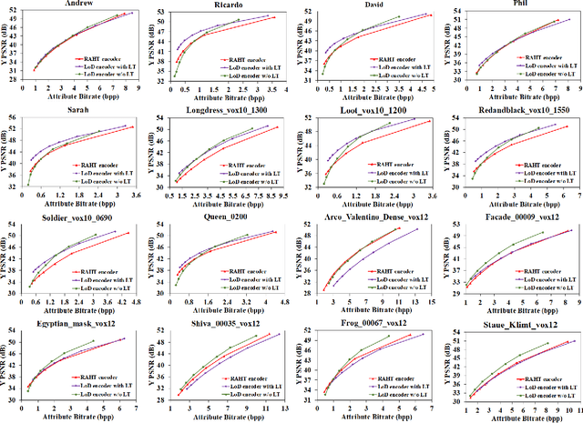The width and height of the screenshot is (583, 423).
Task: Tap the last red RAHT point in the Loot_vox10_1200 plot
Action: coord(430,121)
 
